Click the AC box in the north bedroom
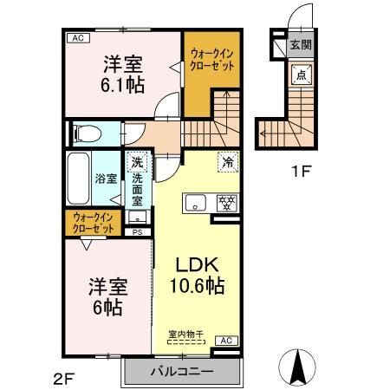(78, 38)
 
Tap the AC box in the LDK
(226, 341)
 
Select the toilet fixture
(88, 134)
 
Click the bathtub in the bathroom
(78, 179)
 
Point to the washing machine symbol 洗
(137, 162)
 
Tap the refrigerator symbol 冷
(228, 162)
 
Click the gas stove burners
(227, 204)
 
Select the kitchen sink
(196, 204)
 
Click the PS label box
(138, 232)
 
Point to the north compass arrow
(297, 367)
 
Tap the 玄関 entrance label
(301, 45)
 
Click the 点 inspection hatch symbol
(301, 75)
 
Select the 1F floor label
(301, 172)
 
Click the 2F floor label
(64, 378)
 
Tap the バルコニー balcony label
(182, 371)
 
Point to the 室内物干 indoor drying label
(186, 335)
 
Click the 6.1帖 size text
(122, 85)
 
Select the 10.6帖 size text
(198, 285)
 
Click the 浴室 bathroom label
(106, 179)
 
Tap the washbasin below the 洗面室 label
(138, 218)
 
